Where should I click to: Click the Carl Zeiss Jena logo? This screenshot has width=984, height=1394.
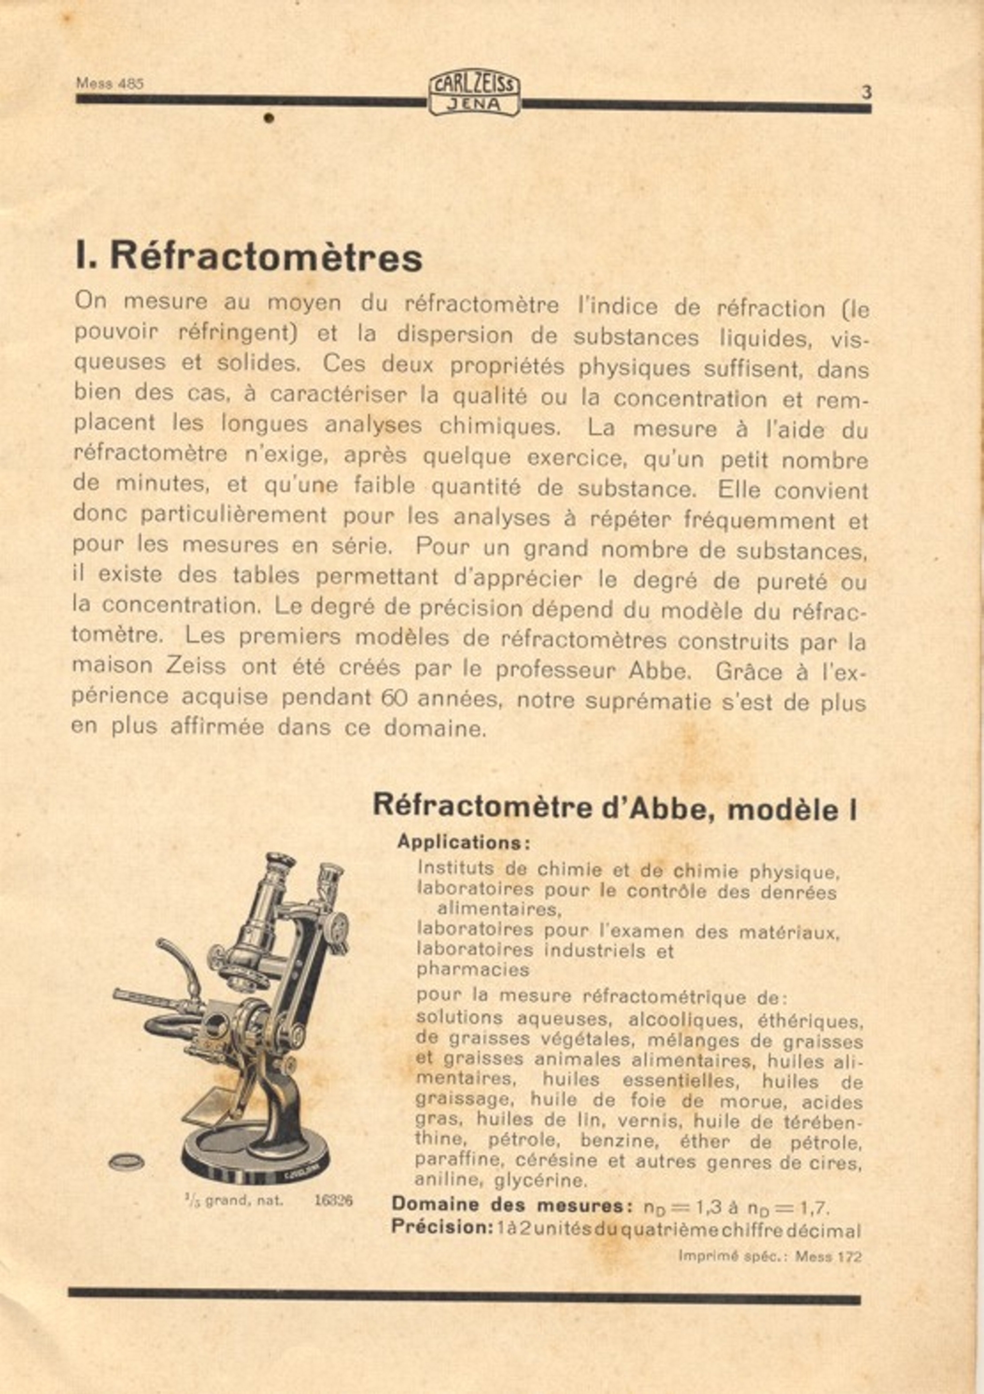pyautogui.click(x=474, y=92)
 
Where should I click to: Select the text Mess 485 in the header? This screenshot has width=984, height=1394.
pyautogui.click(x=110, y=83)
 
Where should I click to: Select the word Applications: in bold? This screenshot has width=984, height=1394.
pyautogui.click(x=464, y=843)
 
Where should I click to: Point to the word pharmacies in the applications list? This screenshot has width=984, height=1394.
pyautogui.click(x=473, y=970)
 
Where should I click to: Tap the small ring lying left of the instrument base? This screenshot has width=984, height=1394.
pyautogui.click(x=126, y=1162)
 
